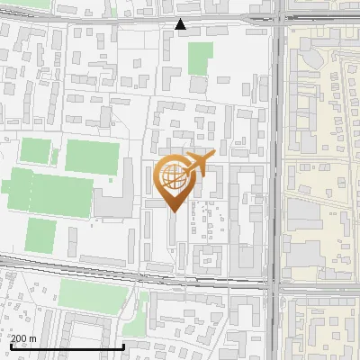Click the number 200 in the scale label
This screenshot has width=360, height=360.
20,338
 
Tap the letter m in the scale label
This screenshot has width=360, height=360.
32,338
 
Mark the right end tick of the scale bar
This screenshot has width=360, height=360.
124,345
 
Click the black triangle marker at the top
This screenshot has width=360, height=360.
181,24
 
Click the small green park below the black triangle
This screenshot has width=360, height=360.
200,58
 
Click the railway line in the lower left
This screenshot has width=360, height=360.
54,261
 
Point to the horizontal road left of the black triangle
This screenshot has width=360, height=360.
90,19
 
